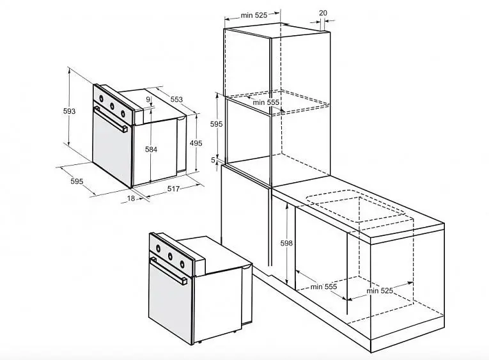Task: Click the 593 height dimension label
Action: (69, 111)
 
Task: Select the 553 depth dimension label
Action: (176, 100)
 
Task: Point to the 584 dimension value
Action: (151, 150)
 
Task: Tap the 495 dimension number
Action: (196, 143)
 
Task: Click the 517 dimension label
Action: (173, 189)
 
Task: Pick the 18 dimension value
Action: (131, 198)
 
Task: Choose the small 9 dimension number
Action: (148, 100)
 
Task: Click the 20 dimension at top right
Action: (323, 13)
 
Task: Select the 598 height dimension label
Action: (286, 243)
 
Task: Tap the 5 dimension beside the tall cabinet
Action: (213, 160)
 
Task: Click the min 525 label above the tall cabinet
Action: (254, 15)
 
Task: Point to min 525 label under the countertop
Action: (380, 291)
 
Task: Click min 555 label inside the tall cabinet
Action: (266, 102)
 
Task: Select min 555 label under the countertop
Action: (323, 286)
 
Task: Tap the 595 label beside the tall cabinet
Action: (217, 124)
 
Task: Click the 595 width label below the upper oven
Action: (77, 181)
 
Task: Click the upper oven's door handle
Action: (111, 120)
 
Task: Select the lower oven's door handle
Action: (168, 270)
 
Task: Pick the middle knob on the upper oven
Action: (112, 106)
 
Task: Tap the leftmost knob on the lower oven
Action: (158, 248)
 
